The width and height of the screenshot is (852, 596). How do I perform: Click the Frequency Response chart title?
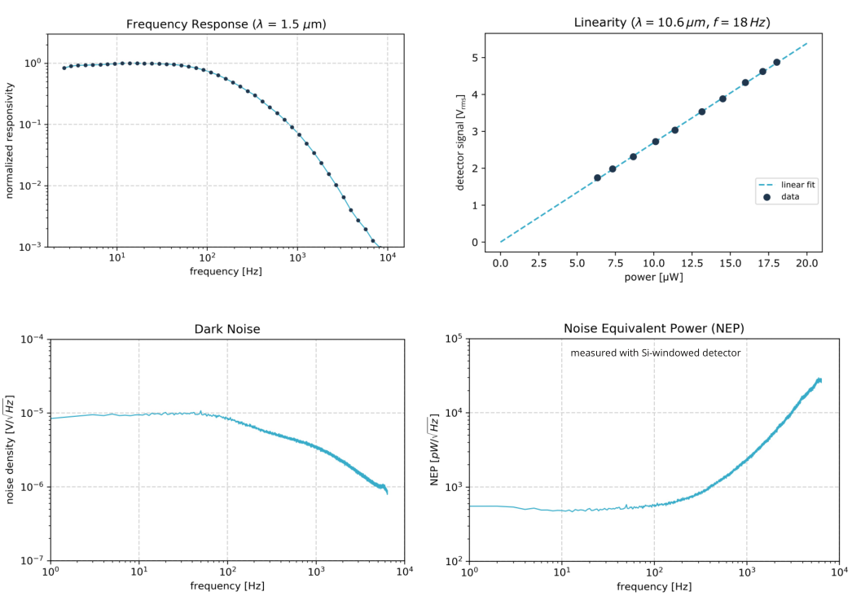click(x=226, y=24)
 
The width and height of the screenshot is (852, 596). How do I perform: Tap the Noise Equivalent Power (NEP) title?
click(x=654, y=328)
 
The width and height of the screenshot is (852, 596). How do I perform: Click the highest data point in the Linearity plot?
click(x=776, y=62)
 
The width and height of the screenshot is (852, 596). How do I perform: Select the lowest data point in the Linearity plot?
click(x=597, y=177)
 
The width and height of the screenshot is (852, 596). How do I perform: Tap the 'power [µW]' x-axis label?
click(x=654, y=277)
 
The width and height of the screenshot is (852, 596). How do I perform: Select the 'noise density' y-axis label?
click(x=10, y=449)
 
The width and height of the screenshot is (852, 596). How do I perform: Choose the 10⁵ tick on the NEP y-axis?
click(x=454, y=339)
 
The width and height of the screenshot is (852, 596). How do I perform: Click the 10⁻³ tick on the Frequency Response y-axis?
click(x=30, y=248)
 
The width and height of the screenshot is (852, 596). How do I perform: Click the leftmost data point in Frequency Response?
click(x=64, y=68)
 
